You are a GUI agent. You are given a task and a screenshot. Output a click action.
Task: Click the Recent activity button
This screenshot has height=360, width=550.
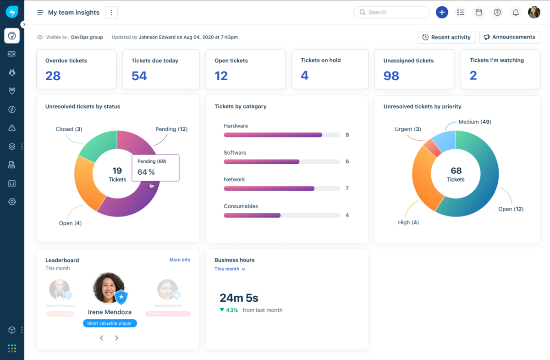(446, 37)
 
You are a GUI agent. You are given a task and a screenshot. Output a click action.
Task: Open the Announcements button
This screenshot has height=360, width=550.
(509, 37)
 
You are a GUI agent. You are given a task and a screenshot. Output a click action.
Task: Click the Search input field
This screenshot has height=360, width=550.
(391, 12)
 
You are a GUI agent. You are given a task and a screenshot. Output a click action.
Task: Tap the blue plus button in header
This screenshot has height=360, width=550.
(442, 12)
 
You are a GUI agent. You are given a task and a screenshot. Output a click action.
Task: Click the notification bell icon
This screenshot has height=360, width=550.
(516, 12)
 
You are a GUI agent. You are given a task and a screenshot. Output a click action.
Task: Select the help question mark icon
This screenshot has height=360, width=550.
(497, 12)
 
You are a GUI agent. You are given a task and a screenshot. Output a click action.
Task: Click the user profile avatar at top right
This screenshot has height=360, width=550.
(534, 12)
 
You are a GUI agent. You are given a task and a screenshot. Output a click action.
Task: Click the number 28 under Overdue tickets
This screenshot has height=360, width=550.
(53, 76)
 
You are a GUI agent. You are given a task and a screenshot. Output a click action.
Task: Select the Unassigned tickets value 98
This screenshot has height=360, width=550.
(391, 76)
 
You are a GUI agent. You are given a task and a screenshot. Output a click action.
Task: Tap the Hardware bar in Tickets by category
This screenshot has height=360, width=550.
(273, 135)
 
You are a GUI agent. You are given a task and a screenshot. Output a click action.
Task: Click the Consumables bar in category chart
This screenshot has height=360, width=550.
(252, 215)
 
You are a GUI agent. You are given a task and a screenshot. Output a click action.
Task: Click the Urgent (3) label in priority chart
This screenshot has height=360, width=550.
(407, 129)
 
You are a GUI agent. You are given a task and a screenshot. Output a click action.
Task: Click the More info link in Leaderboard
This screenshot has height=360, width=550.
(180, 260)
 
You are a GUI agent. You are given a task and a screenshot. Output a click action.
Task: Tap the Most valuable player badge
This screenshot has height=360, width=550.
(110, 323)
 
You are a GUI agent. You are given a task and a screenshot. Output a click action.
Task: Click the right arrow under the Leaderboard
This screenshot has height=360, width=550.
(116, 338)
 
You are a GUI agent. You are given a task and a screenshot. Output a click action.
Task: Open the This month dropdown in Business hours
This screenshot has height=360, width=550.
(230, 269)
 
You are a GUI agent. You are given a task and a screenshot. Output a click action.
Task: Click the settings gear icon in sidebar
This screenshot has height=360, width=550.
(12, 202)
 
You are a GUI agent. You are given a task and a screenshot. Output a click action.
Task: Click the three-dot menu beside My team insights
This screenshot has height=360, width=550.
(111, 13)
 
